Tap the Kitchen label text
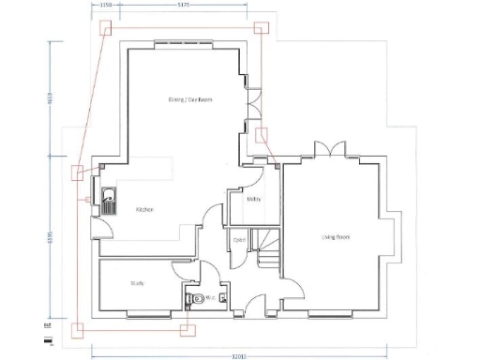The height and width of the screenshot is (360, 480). click(x=145, y=209)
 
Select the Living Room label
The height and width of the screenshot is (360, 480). click(x=336, y=236)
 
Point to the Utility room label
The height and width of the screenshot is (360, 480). click(x=253, y=199)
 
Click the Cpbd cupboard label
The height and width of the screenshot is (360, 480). click(x=239, y=240)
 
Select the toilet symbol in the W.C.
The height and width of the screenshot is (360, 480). click(x=192, y=299)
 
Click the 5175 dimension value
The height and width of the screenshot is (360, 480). click(x=184, y=6)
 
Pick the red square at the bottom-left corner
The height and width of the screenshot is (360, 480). click(x=77, y=329)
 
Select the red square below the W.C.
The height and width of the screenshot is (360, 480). click(x=190, y=328)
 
